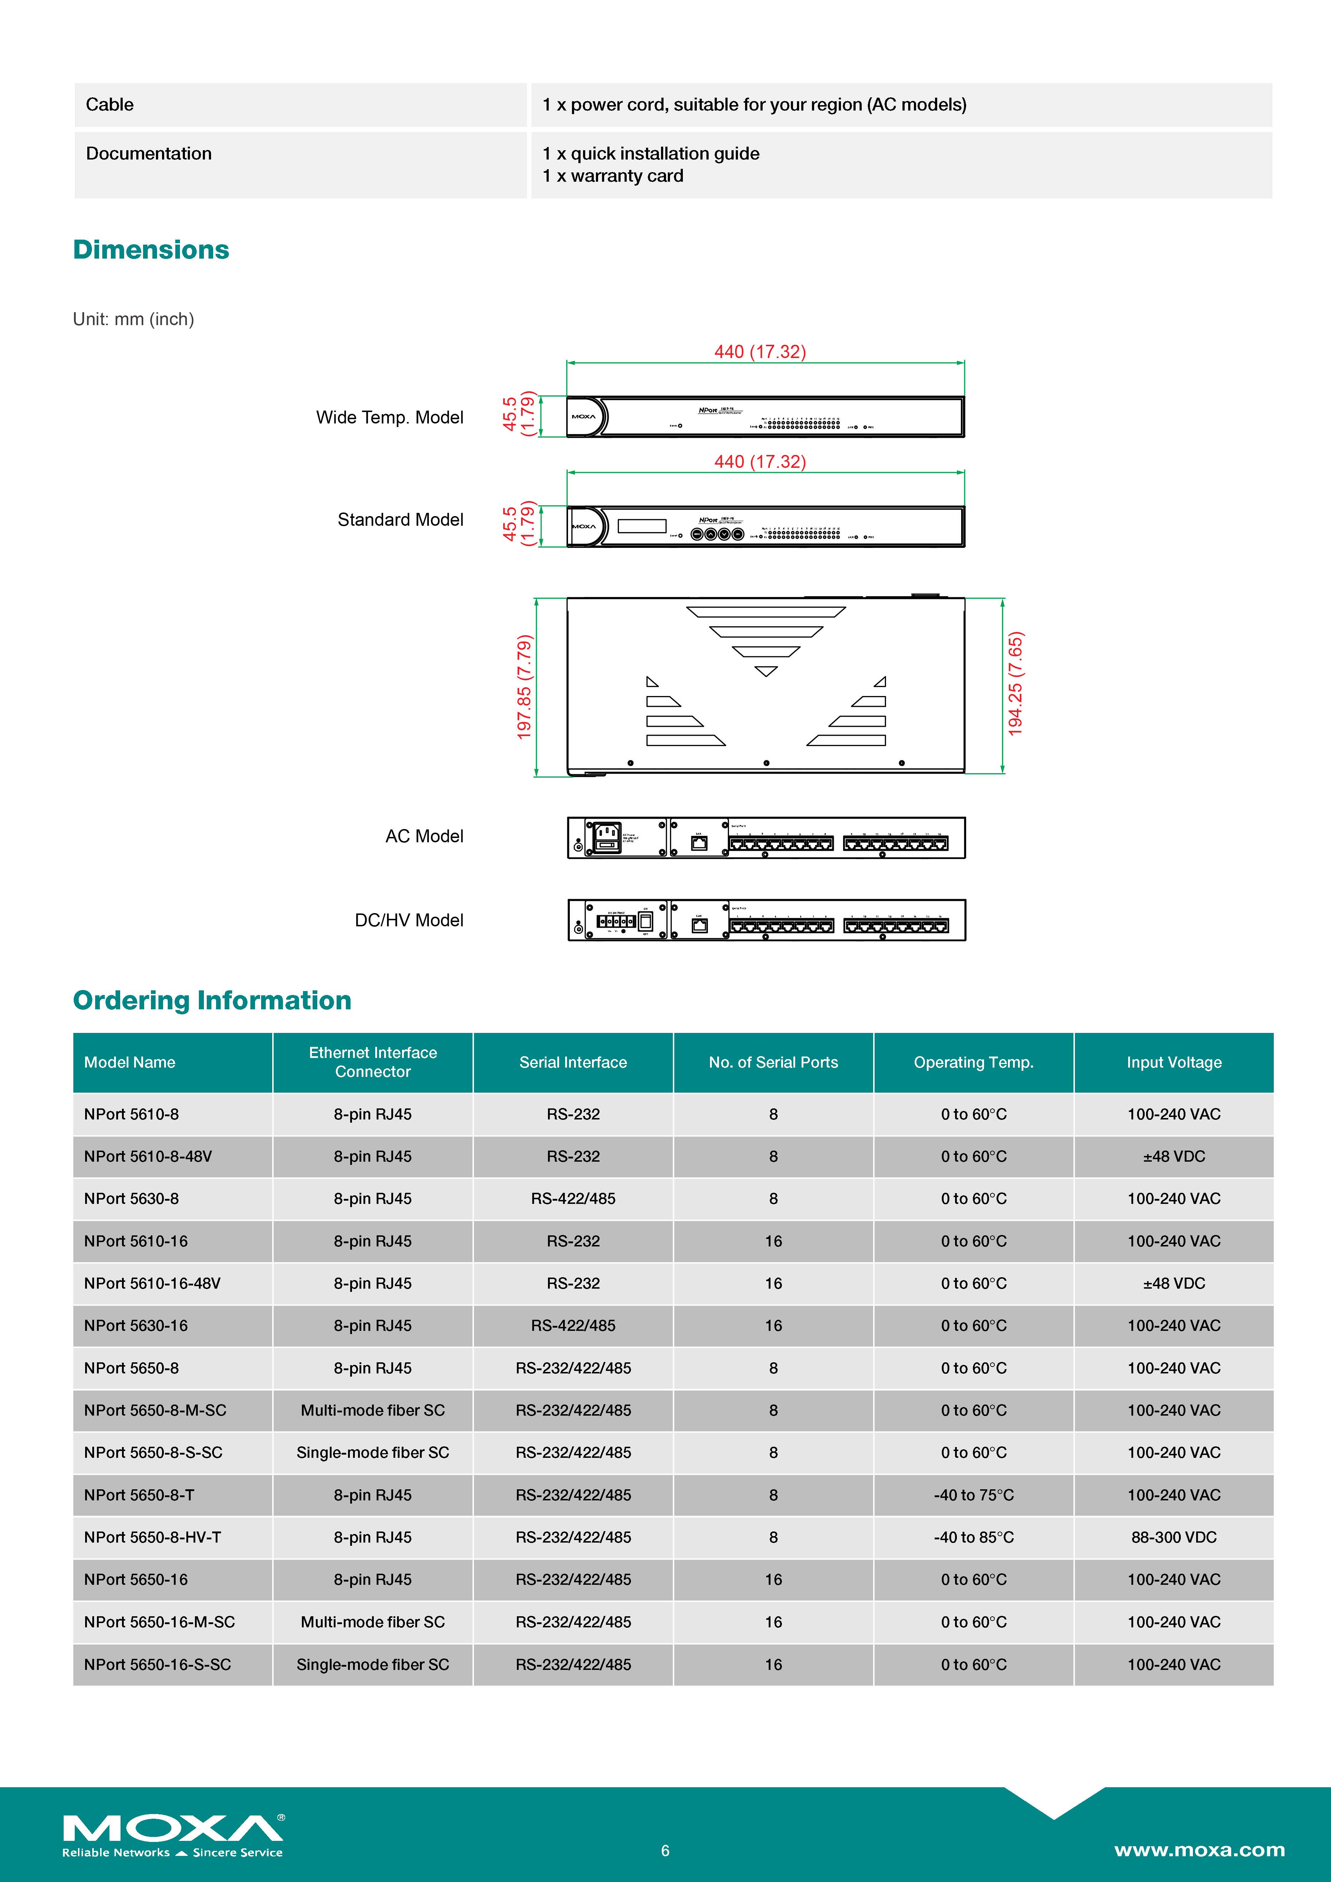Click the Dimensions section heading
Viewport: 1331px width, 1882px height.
click(151, 250)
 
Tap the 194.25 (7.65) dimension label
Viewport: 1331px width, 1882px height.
click(1016, 685)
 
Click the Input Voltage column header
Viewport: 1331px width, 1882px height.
click(1174, 1062)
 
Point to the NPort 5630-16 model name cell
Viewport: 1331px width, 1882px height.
click(136, 1325)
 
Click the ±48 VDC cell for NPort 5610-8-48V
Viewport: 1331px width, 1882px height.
click(1174, 1157)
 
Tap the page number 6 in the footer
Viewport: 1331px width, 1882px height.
click(665, 1850)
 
